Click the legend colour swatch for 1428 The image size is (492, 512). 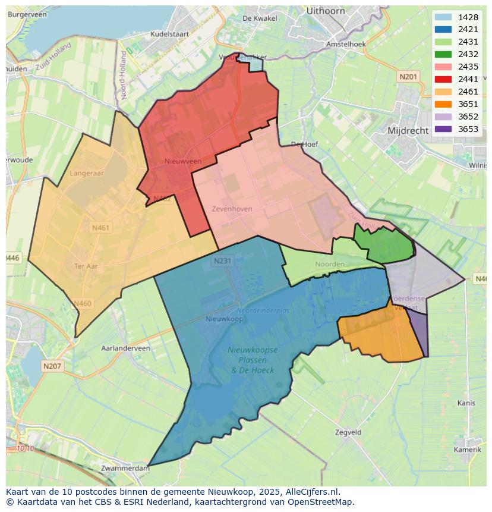tap(443, 17)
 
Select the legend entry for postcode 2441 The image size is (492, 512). tap(468, 79)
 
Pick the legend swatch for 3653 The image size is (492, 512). tap(443, 129)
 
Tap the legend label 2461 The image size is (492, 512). tap(468, 92)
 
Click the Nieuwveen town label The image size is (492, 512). tap(182, 161)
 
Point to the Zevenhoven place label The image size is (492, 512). tap(232, 209)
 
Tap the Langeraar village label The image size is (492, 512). tap(86, 173)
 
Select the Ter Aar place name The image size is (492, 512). tap(86, 266)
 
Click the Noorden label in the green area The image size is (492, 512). tap(330, 264)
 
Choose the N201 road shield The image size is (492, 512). tap(408, 76)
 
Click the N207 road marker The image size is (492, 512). tap(52, 366)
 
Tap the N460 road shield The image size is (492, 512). tap(83, 304)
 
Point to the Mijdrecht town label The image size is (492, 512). tap(409, 130)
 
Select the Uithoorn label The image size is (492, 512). tap(326, 11)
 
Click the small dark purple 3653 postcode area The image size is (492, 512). tap(418, 334)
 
